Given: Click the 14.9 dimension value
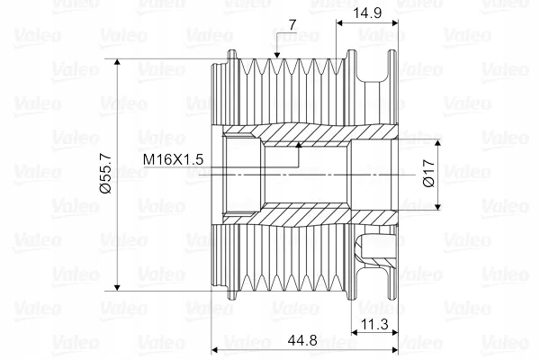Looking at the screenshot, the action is coord(367,13).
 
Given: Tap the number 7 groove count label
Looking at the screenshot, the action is coord(292,25).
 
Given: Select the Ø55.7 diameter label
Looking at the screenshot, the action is coord(105,173).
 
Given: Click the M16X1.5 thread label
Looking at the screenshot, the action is coord(173,159).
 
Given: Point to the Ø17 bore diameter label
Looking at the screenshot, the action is coord(428,174).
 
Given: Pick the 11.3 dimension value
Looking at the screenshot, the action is coord(374,324).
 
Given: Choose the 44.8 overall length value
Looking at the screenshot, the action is coord(302,341).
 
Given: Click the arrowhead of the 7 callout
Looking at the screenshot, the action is coord(277,55).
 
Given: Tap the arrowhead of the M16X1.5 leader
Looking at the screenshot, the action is coord(299,145).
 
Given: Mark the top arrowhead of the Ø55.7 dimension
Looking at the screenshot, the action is coord(117,62).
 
